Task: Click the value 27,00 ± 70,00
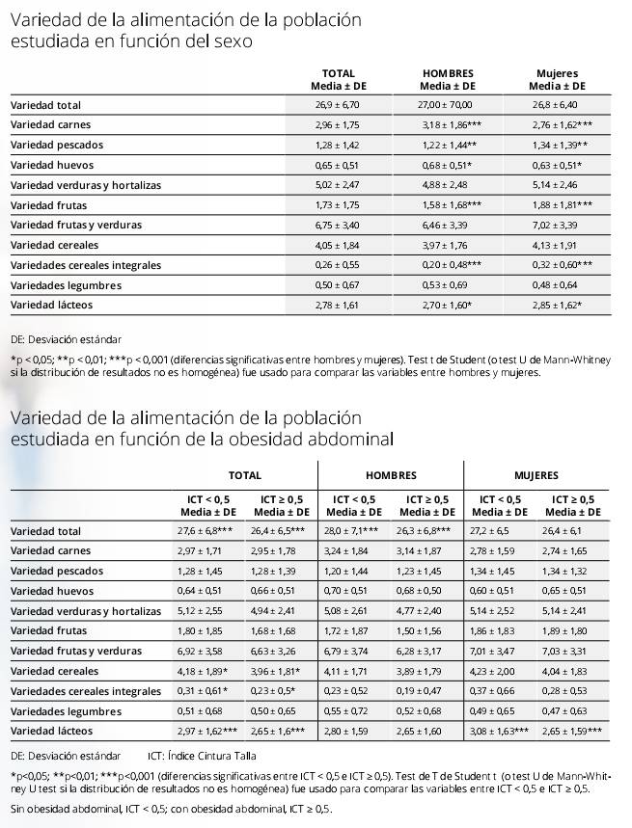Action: (445, 104)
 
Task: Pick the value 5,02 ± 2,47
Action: (337, 184)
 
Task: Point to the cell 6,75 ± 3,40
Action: (337, 225)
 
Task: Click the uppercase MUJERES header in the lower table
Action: (536, 475)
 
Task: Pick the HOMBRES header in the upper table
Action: (446, 73)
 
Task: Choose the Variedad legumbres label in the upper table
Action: (52, 285)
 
